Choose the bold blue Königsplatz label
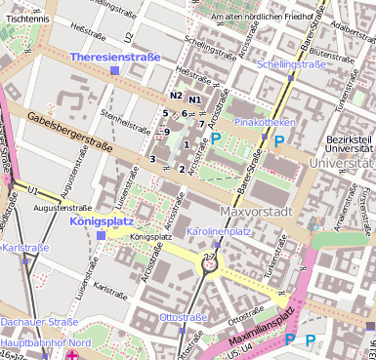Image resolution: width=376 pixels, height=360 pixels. click(101, 221)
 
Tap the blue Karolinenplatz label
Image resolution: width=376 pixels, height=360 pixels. click(219, 232)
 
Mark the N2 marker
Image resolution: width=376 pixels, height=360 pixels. click(176, 96)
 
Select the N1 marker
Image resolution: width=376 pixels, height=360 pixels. click(194, 100)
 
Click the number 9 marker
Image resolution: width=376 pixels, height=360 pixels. click(167, 132)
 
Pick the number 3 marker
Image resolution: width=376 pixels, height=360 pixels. click(152, 159)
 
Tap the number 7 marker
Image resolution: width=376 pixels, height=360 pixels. click(201, 124)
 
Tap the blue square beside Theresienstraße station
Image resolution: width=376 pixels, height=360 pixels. click(115, 70)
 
